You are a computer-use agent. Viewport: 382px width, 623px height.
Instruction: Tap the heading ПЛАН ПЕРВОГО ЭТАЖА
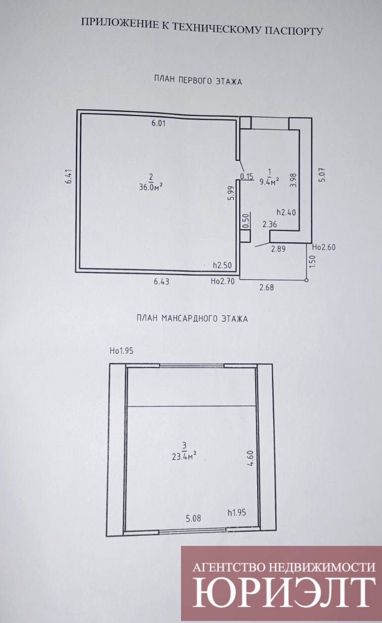pos(198,81)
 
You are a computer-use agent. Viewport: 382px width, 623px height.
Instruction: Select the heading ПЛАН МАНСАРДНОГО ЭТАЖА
pos(192,318)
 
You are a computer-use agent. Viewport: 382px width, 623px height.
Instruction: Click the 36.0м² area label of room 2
pos(150,186)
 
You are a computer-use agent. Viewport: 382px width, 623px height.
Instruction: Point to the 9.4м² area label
pos(269,182)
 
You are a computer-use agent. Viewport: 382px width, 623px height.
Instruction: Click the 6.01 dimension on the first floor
pos(158,123)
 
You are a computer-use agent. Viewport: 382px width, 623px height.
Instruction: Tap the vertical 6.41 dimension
pos(69,176)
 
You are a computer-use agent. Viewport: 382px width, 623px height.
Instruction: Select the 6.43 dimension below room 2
pos(161,282)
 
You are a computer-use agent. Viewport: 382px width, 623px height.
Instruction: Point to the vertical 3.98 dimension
pos(294,180)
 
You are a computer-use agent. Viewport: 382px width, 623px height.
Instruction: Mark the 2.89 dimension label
pos(278,249)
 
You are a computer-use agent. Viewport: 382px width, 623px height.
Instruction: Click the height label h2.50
pos(222,265)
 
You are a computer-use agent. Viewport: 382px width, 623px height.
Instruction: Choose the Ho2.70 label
pos(223,282)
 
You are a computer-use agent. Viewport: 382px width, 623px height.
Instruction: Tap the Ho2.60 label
pos(324,247)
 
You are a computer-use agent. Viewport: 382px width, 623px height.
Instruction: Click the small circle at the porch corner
pos(307,280)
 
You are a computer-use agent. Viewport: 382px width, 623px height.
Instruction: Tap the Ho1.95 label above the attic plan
pos(122,351)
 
